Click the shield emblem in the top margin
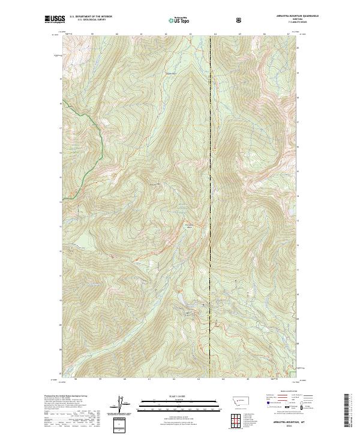pyautogui.click(x=240, y=20)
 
